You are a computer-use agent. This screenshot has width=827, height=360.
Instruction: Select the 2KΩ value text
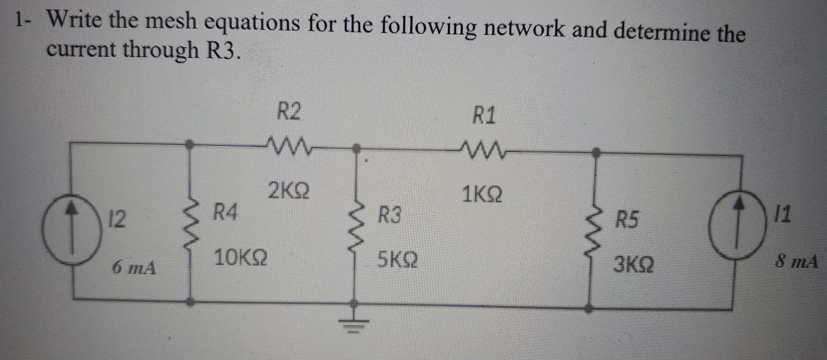(288, 191)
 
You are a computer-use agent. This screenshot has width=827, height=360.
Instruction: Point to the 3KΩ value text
(634, 264)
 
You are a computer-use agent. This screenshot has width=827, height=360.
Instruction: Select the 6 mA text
(134, 268)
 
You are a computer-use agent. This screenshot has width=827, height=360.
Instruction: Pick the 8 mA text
(796, 261)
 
